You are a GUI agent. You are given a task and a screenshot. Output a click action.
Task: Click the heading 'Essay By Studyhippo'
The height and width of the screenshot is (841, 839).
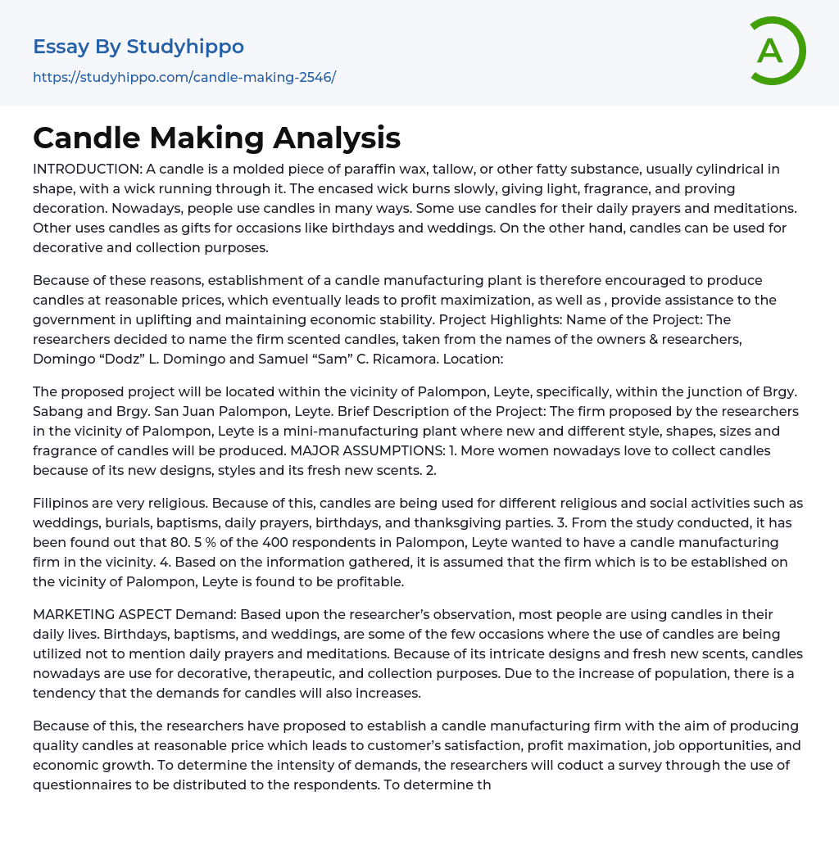(x=138, y=47)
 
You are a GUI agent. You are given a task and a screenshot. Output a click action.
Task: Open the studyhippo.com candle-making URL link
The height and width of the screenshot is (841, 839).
(x=184, y=77)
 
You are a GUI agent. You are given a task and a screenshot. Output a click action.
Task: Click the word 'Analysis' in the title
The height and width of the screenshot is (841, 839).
(x=337, y=138)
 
